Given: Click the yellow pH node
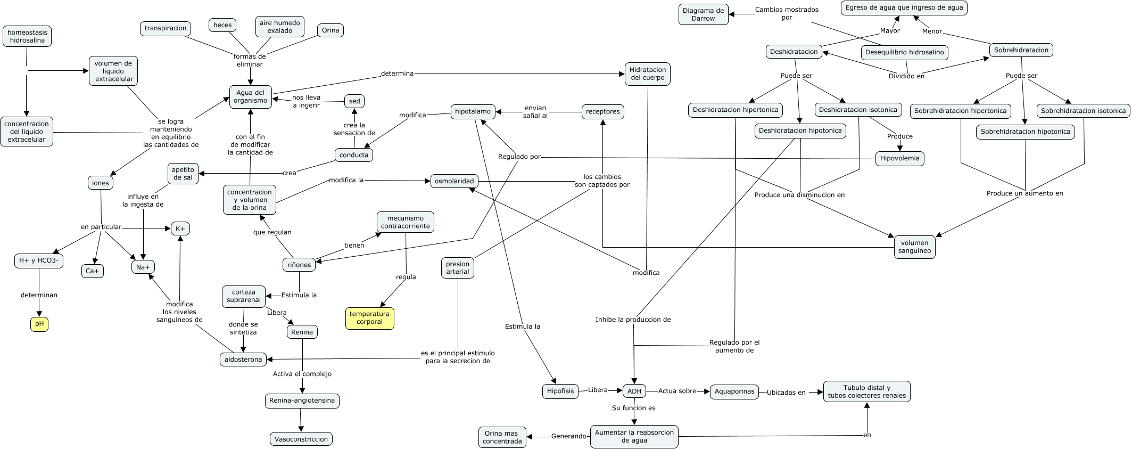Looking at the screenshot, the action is [x=39, y=323].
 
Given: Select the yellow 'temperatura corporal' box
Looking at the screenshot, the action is [x=370, y=318].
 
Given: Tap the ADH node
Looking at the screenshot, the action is [x=634, y=391].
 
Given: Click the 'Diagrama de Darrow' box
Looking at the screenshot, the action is [x=704, y=14].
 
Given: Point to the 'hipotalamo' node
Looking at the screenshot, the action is [x=473, y=112].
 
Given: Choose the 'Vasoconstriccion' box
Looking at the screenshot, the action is [x=301, y=439].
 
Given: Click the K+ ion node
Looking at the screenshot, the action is [x=180, y=228].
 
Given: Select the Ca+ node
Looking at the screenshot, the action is [x=93, y=271].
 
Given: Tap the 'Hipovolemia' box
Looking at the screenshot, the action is [x=900, y=158].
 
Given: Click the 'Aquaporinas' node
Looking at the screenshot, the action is [x=734, y=391].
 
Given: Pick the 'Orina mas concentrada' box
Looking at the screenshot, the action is [x=502, y=437].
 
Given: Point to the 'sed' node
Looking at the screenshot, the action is [x=354, y=101].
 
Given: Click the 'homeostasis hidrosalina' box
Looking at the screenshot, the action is [x=27, y=36].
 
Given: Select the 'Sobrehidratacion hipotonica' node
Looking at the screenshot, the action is [x=1026, y=132].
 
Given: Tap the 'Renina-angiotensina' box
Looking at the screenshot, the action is [x=302, y=401].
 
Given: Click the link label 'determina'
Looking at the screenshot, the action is [x=397, y=74].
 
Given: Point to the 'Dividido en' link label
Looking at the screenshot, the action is [x=906, y=76].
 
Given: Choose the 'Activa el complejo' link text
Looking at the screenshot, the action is [x=302, y=374].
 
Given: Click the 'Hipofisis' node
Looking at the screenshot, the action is [x=560, y=391].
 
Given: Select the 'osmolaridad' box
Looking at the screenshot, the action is [x=454, y=181].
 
